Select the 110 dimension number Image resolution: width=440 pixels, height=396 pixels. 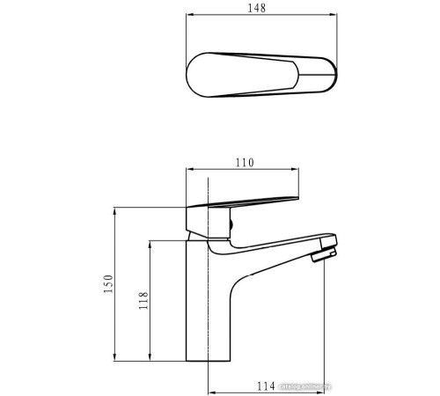[246, 162]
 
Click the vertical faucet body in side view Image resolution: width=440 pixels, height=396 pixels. [209, 308]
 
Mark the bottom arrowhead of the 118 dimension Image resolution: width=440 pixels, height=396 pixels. [150, 359]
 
